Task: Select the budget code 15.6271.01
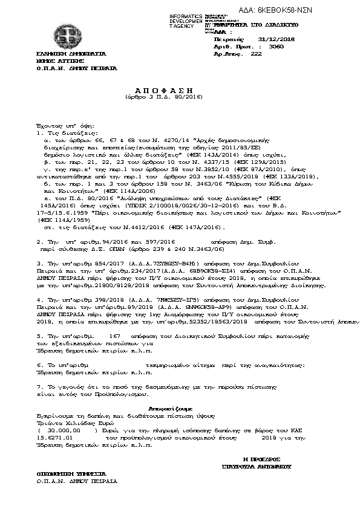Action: (55, 436)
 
